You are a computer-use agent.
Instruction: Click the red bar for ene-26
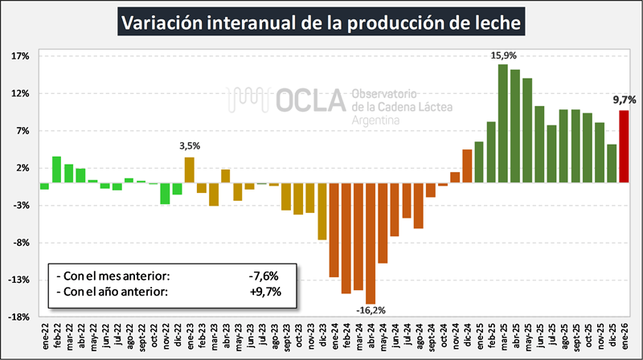(x=623, y=146)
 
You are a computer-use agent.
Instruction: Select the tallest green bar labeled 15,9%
(x=503, y=123)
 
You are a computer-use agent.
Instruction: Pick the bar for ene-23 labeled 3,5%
(x=190, y=170)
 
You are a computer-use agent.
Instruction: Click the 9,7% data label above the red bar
(x=624, y=100)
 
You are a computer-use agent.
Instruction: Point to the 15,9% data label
(x=503, y=55)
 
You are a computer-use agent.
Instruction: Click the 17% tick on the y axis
(x=21, y=56)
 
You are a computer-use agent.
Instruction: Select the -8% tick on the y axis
(x=21, y=243)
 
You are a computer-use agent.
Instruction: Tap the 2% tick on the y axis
(x=23, y=168)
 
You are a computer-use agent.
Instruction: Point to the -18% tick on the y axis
(x=19, y=317)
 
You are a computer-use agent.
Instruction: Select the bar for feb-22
(x=57, y=170)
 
